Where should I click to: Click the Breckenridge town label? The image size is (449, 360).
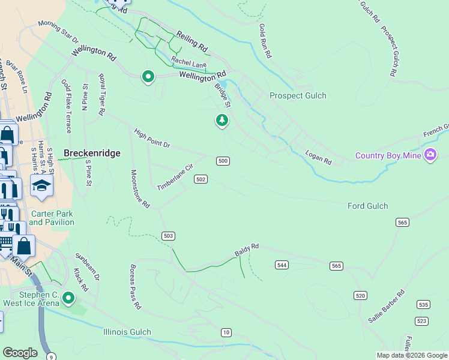(x=92, y=153)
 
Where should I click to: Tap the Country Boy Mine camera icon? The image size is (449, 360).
(x=430, y=155)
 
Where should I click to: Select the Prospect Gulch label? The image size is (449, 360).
(x=298, y=95)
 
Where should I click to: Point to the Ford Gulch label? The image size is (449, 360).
(x=368, y=206)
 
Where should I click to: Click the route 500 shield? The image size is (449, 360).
(x=223, y=161)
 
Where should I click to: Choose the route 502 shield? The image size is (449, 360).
(x=201, y=179)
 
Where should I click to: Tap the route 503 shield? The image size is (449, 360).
(x=169, y=236)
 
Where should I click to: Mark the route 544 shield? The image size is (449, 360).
(x=282, y=265)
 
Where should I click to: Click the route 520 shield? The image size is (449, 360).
(x=360, y=295)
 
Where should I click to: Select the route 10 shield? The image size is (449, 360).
(x=226, y=332)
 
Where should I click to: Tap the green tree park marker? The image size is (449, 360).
(x=222, y=121)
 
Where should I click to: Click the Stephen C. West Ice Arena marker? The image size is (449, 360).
(x=68, y=298)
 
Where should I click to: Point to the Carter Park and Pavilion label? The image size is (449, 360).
(x=52, y=218)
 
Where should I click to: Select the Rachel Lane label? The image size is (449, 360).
(x=188, y=62)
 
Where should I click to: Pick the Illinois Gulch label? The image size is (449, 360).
(x=127, y=332)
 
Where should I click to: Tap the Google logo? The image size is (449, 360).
(x=20, y=353)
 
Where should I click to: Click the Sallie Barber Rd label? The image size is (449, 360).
(x=387, y=307)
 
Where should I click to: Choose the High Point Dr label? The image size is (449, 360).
(x=152, y=139)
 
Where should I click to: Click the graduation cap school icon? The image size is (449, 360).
(x=41, y=185)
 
